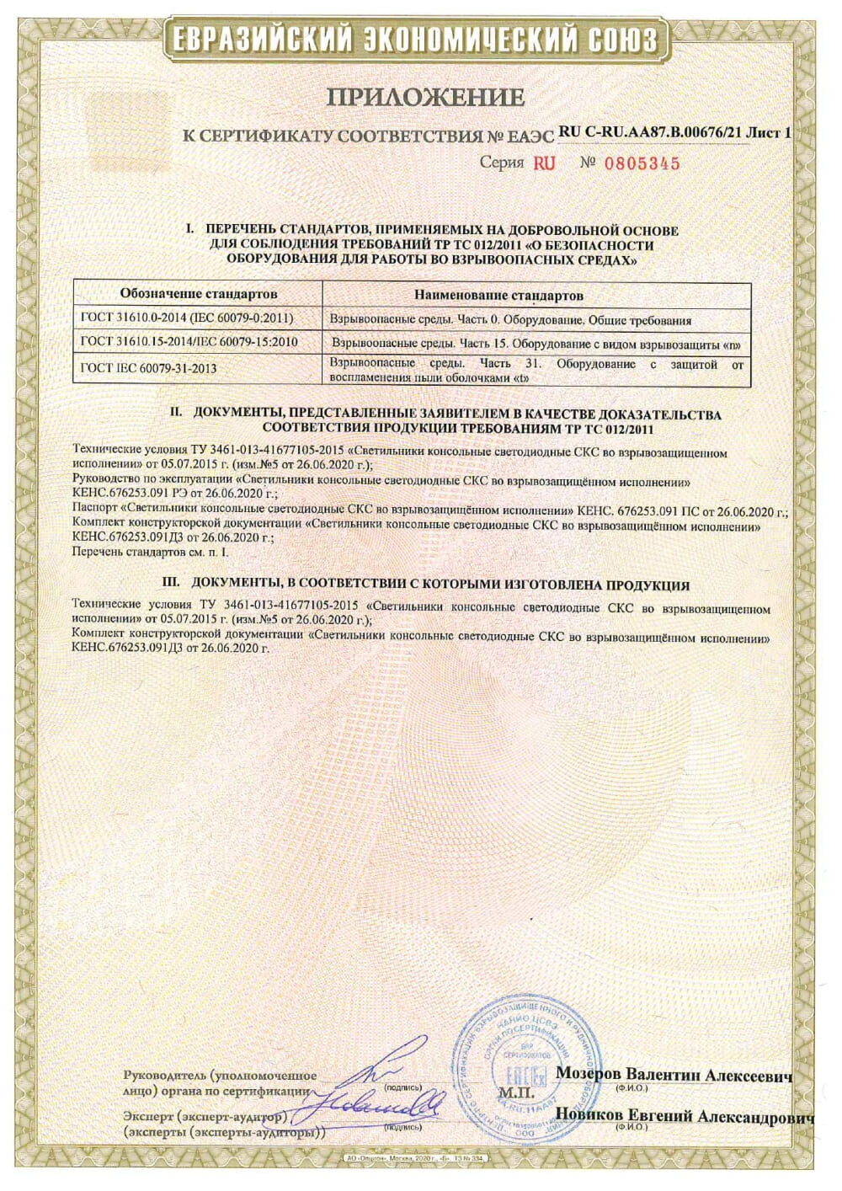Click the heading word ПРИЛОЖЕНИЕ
[425, 97]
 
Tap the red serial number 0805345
[642, 163]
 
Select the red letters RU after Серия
[545, 163]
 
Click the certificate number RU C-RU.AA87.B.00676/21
[652, 132]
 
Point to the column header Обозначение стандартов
[199, 295]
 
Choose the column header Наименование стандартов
[499, 296]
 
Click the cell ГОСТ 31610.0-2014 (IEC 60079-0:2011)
[187, 320]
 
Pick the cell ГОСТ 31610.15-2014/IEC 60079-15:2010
[190, 343]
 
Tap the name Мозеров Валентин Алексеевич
[674, 1076]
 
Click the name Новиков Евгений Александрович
[684, 1116]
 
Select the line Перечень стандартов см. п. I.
[151, 552]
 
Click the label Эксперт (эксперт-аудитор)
[205, 1117]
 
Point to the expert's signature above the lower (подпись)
[379, 1103]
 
